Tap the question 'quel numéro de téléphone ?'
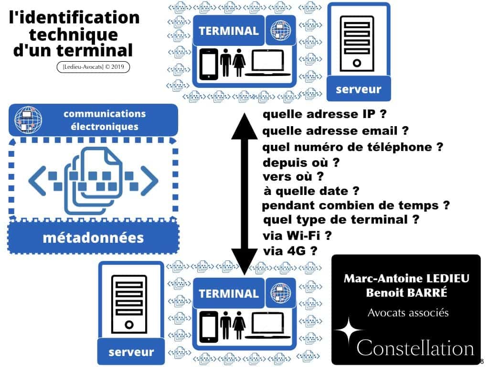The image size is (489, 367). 353,147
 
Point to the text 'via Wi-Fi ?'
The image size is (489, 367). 297,236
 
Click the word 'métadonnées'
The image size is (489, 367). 93,237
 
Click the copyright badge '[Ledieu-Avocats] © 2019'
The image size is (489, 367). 92,68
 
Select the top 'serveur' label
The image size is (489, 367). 358,89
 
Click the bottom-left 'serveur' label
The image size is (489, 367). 130,352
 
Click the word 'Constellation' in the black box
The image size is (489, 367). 415,348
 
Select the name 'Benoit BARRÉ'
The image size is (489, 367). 406,293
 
